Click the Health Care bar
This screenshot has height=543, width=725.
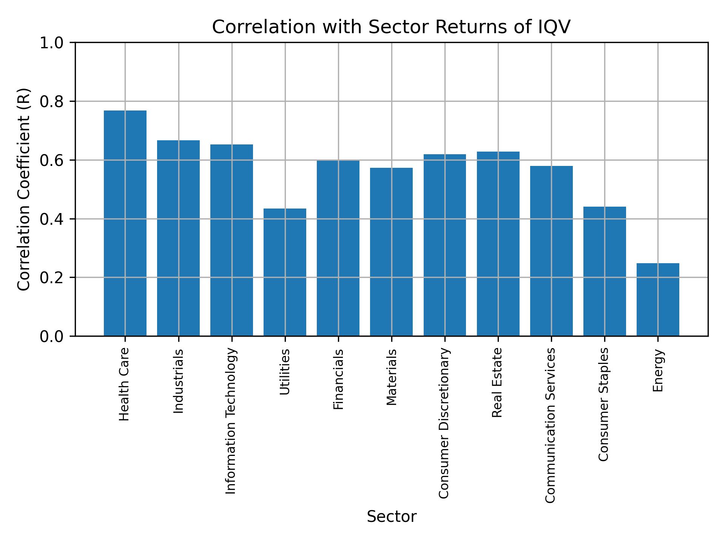125,223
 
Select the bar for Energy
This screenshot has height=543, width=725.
658,299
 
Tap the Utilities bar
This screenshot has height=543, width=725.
285,272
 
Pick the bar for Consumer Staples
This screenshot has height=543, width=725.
605,271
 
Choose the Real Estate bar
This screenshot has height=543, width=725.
498,244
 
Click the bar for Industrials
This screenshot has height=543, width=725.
178,238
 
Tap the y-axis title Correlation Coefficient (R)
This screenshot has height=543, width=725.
24,189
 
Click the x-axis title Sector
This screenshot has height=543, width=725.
392,517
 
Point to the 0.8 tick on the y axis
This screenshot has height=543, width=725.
53,102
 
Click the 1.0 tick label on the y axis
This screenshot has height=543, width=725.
53,43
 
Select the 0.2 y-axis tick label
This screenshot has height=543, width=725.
53,278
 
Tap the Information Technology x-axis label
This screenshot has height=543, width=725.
231,421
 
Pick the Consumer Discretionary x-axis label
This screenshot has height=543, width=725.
444,423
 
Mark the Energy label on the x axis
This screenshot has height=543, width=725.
658,371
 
